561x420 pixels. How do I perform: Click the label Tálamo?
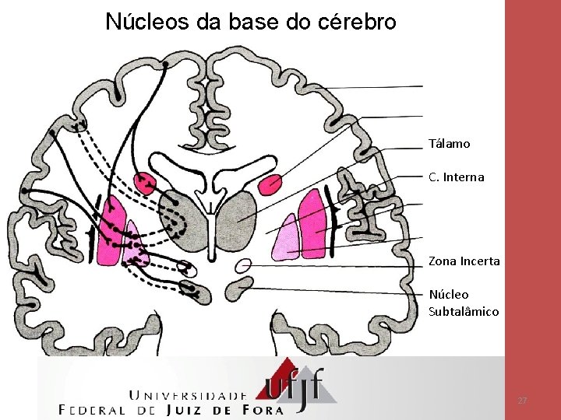[x=449, y=144]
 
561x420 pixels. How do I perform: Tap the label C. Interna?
[x=456, y=177]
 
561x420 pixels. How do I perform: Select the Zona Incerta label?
[x=464, y=261]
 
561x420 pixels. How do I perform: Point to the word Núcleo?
[x=449, y=295]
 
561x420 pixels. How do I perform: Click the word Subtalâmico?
[x=464, y=311]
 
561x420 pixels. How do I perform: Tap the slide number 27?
[x=523, y=400]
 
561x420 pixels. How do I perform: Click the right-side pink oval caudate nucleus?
[x=270, y=184]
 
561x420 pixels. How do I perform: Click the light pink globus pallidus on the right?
[x=285, y=237]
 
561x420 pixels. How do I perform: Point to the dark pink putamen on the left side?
[x=110, y=229]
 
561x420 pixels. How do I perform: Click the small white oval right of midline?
[x=243, y=265]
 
